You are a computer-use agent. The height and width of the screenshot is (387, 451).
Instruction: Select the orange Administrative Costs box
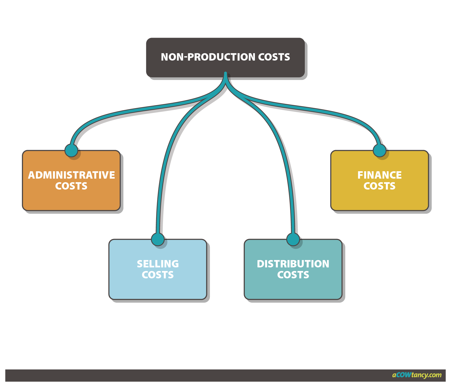pyautogui.click(x=71, y=198)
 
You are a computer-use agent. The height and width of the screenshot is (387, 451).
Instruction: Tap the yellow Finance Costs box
pyautogui.click(x=379, y=198)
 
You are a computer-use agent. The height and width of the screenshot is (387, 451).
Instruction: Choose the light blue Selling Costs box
pyautogui.click(x=158, y=288)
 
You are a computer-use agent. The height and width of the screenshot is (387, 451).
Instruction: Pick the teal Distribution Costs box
pyautogui.click(x=293, y=288)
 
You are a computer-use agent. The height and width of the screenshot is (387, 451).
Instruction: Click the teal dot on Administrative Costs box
pyautogui.click(x=71, y=150)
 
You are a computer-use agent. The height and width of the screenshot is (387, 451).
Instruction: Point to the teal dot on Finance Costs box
pyautogui.click(x=379, y=150)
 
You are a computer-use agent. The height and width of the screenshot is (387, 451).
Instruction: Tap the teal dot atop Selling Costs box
pyautogui.click(x=158, y=239)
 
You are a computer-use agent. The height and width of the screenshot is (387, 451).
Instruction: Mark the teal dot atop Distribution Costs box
pyautogui.click(x=293, y=239)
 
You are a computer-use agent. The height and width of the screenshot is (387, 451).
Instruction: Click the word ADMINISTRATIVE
pyautogui.click(x=71, y=175)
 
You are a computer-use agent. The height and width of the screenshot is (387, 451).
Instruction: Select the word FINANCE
pyautogui.click(x=379, y=175)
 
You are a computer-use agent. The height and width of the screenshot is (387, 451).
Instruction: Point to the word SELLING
pyautogui.click(x=158, y=264)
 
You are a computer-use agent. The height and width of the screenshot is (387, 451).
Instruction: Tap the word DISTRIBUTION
pyautogui.click(x=293, y=264)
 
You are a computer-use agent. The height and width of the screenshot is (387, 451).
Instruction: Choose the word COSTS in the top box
pyautogui.click(x=274, y=57)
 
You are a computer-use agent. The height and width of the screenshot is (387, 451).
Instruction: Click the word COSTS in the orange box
pyautogui.click(x=71, y=186)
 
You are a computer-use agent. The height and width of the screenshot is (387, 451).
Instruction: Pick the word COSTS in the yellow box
pyautogui.click(x=379, y=186)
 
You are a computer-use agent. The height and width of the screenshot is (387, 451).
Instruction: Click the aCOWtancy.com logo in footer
pyautogui.click(x=417, y=375)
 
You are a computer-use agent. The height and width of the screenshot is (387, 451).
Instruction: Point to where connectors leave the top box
pyautogui.click(x=225, y=75)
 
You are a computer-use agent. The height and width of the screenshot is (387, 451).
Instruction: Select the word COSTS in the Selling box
pyautogui.click(x=158, y=275)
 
